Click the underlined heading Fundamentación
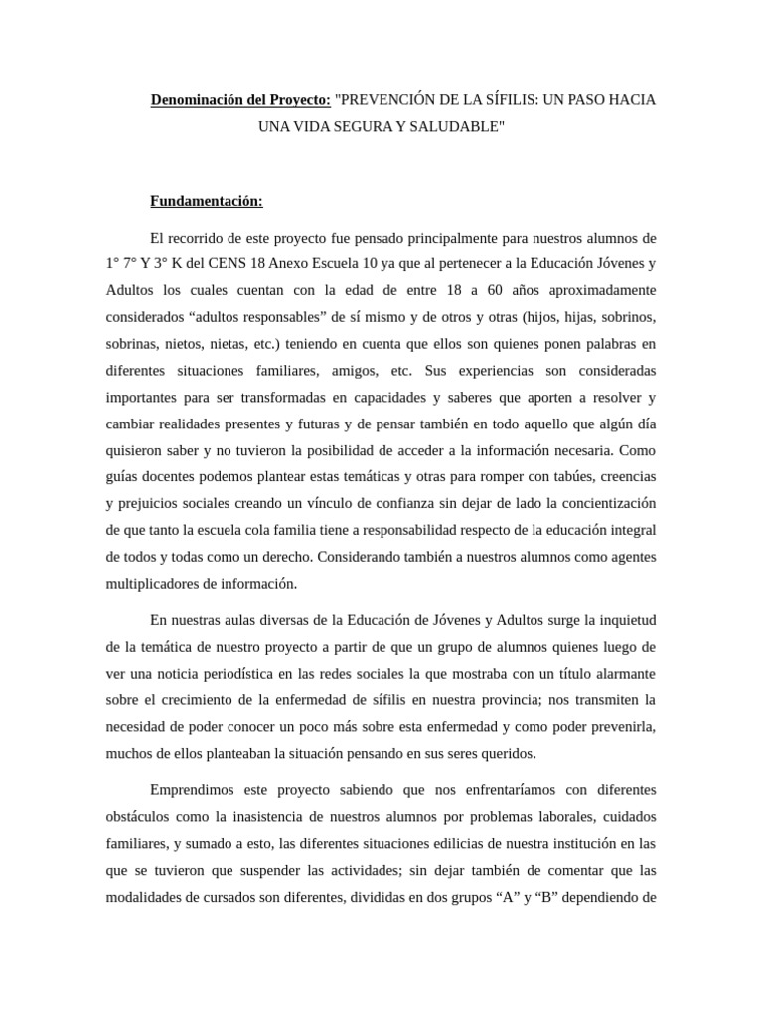[x=207, y=201]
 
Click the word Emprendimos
[x=198, y=790]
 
